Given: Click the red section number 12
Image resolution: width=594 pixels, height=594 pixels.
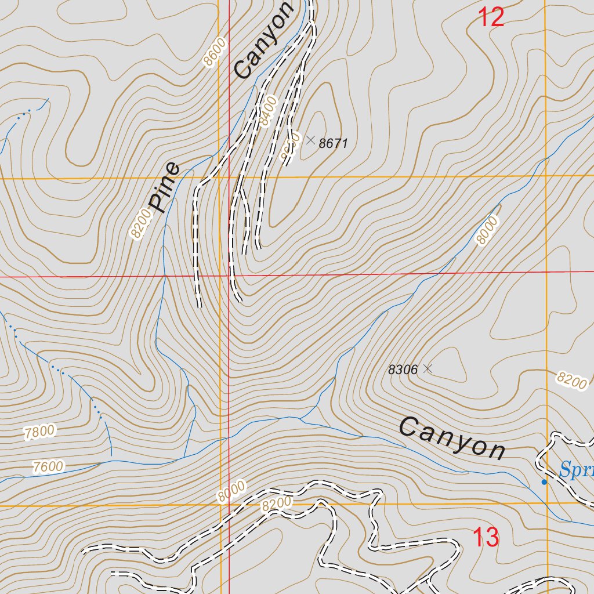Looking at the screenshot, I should click(491, 17).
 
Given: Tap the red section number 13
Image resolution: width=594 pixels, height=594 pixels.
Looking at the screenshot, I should click(486, 537).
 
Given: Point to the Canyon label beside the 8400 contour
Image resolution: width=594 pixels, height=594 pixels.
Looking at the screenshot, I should click(264, 40).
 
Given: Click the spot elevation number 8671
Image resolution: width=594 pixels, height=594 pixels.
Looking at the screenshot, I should click(334, 143).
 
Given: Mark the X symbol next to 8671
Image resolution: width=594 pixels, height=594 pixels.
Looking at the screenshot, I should click(310, 140).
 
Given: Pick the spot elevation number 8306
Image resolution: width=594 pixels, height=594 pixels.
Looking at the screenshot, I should click(403, 370).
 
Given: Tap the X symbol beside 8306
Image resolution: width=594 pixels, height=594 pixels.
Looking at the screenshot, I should click(428, 368).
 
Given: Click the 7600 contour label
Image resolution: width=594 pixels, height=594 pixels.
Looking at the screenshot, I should click(49, 466).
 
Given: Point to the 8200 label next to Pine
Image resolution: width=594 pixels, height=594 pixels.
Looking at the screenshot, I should click(140, 224).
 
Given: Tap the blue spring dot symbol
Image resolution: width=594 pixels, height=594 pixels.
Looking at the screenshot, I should click(544, 481).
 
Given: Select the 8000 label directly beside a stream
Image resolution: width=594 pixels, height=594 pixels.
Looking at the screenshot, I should click(487, 230).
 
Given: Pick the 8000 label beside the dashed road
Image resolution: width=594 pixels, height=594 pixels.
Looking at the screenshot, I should click(231, 492).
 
